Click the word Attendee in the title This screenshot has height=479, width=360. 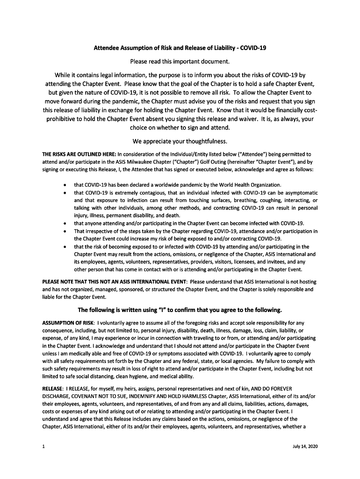(x=108, y=48)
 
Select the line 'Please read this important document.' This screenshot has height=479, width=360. (x=180, y=61)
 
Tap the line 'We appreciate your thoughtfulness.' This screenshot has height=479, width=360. (x=180, y=141)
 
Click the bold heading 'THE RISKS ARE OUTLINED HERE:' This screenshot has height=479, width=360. (x=79, y=153)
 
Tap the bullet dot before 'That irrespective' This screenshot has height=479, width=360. (x=64, y=231)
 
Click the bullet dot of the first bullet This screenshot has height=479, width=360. (x=64, y=185)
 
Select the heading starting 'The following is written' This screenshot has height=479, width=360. (x=180, y=310)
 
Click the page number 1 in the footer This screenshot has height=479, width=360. (x=43, y=446)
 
